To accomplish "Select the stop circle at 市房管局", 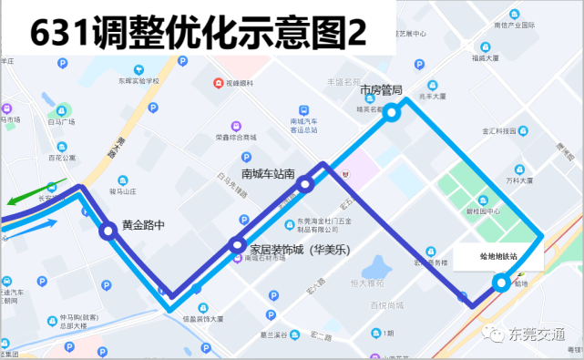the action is tap(392, 113).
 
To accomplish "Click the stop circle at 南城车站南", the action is tap(305, 184).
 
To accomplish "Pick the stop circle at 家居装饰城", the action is tap(238, 244).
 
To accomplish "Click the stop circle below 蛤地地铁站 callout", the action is tap(501, 283).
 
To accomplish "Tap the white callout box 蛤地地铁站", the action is tap(498, 258).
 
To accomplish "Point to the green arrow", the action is tap(23, 196).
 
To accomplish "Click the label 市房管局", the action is tap(381, 90).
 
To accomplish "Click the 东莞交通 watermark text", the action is tap(541, 334).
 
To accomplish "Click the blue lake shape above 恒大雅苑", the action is tap(375, 267).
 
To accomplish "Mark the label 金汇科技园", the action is tap(500, 130).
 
